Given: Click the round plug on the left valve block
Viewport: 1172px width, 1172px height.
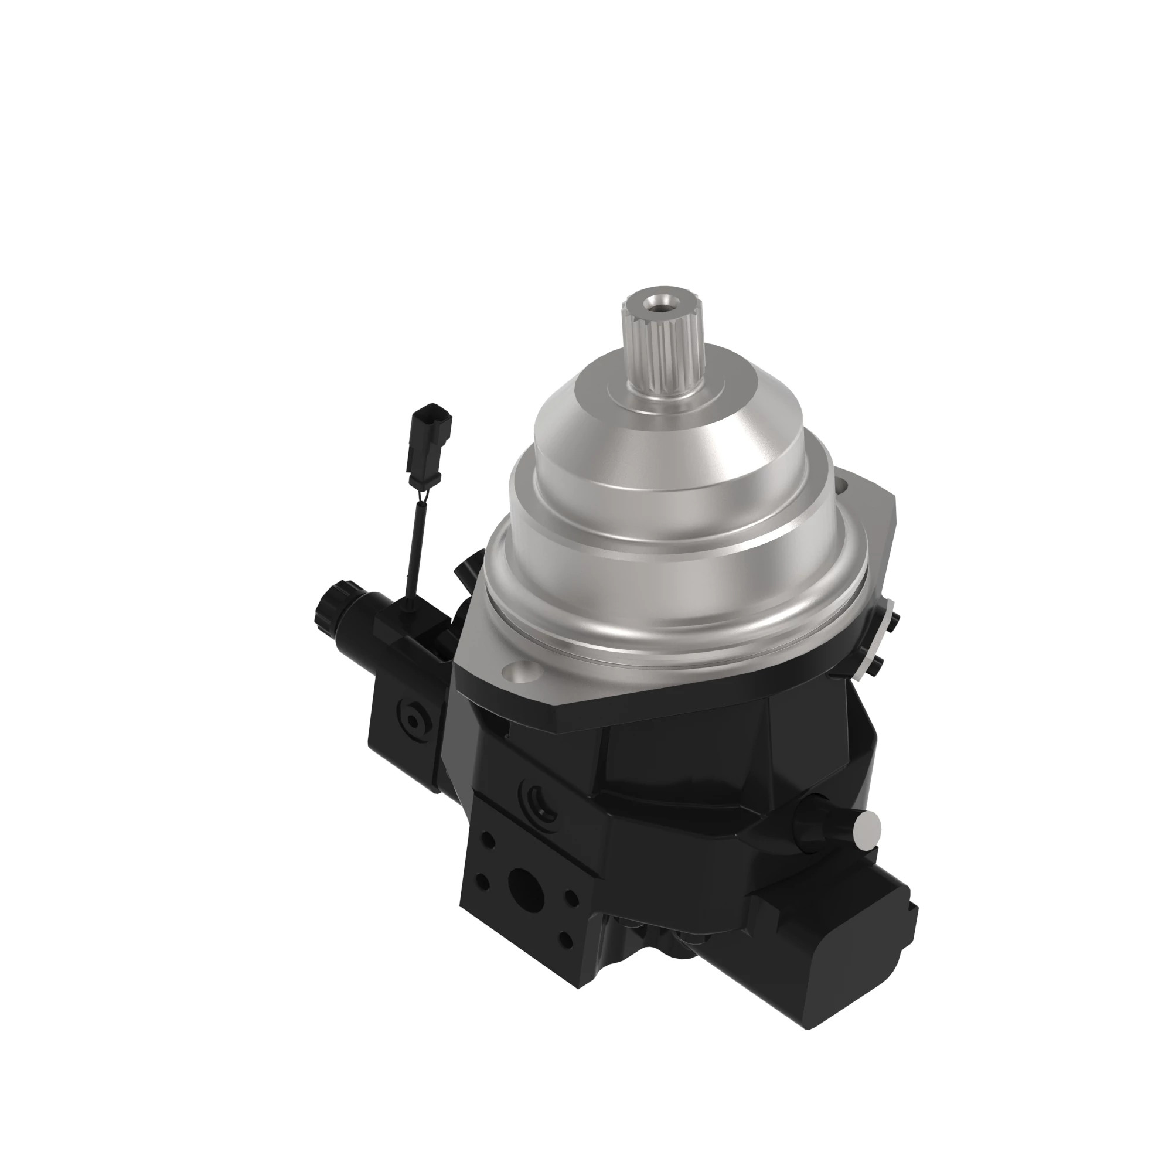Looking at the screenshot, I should pyautogui.click(x=414, y=720).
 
